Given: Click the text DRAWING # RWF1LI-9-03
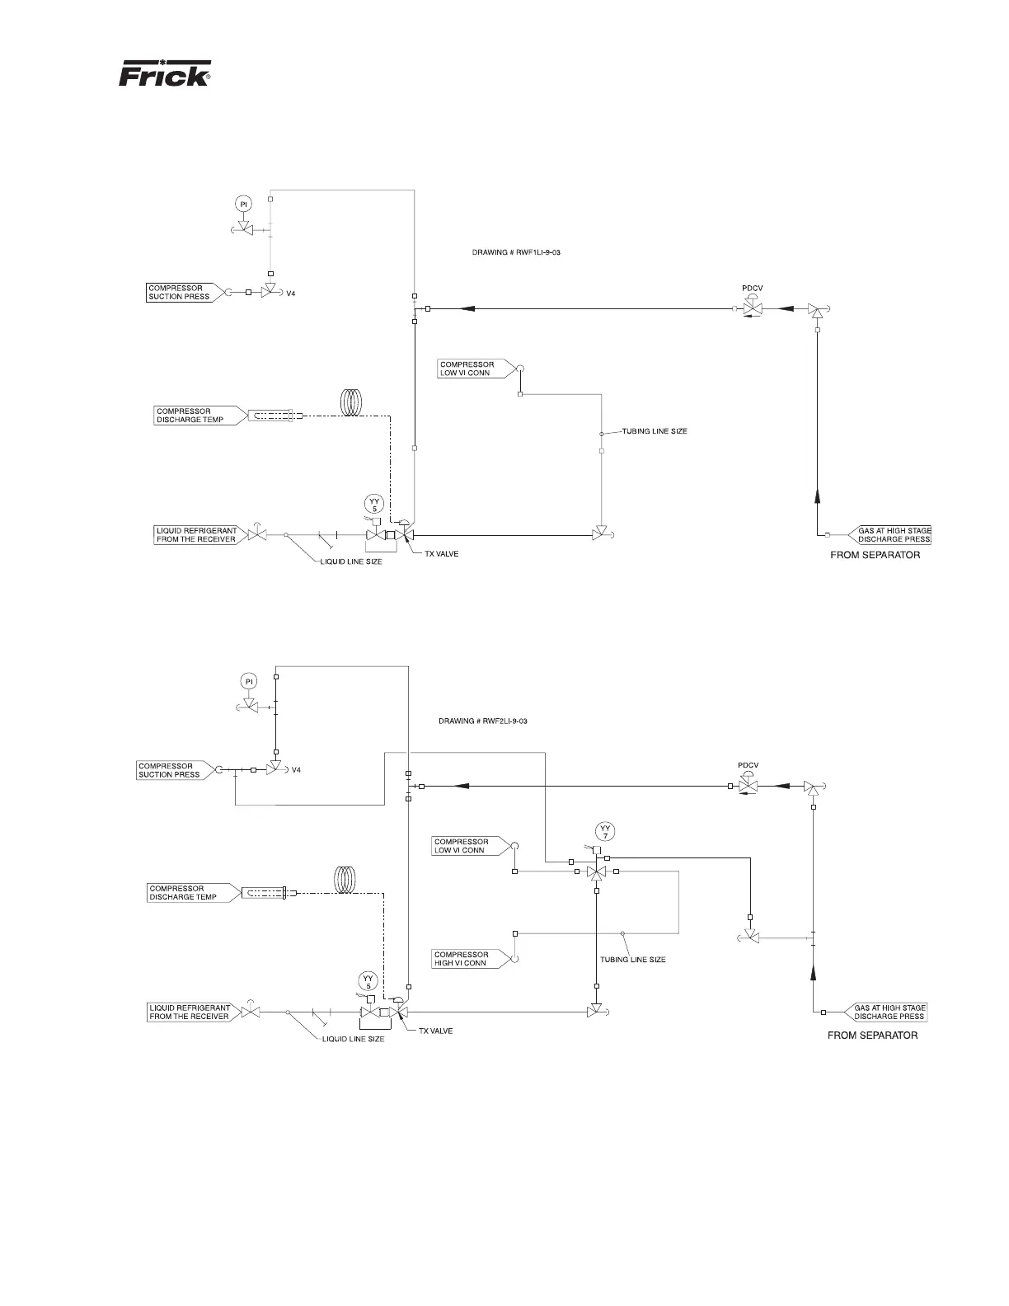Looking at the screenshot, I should [x=516, y=252].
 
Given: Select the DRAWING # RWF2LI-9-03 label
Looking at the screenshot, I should [x=482, y=721].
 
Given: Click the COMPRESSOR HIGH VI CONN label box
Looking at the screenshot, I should [x=464, y=959].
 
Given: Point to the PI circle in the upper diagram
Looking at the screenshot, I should [x=244, y=204].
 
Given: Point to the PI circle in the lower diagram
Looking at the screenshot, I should [x=249, y=680].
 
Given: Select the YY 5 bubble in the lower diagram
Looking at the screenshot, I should [x=369, y=980].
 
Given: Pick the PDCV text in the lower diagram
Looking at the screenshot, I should [x=748, y=765].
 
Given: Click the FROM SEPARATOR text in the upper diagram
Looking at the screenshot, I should [x=875, y=556].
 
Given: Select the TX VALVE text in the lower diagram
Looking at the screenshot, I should [x=435, y=1031].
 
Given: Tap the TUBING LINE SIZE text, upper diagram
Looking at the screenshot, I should [x=654, y=431].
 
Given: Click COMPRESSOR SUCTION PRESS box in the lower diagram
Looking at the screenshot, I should [x=171, y=770].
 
